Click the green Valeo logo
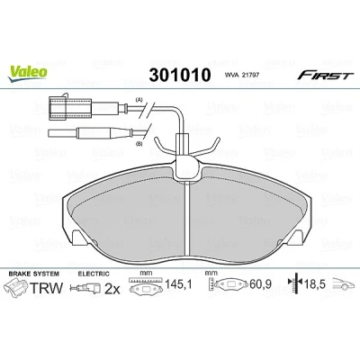coord(28,73)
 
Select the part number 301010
coord(180,75)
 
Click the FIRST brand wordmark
coord(324,75)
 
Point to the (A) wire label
coord(139,99)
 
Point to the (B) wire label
coord(139,144)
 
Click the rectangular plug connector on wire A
coord(69,107)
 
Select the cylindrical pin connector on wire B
coord(89,133)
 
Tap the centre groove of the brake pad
coord(187,219)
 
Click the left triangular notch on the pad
coord(78,236)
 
